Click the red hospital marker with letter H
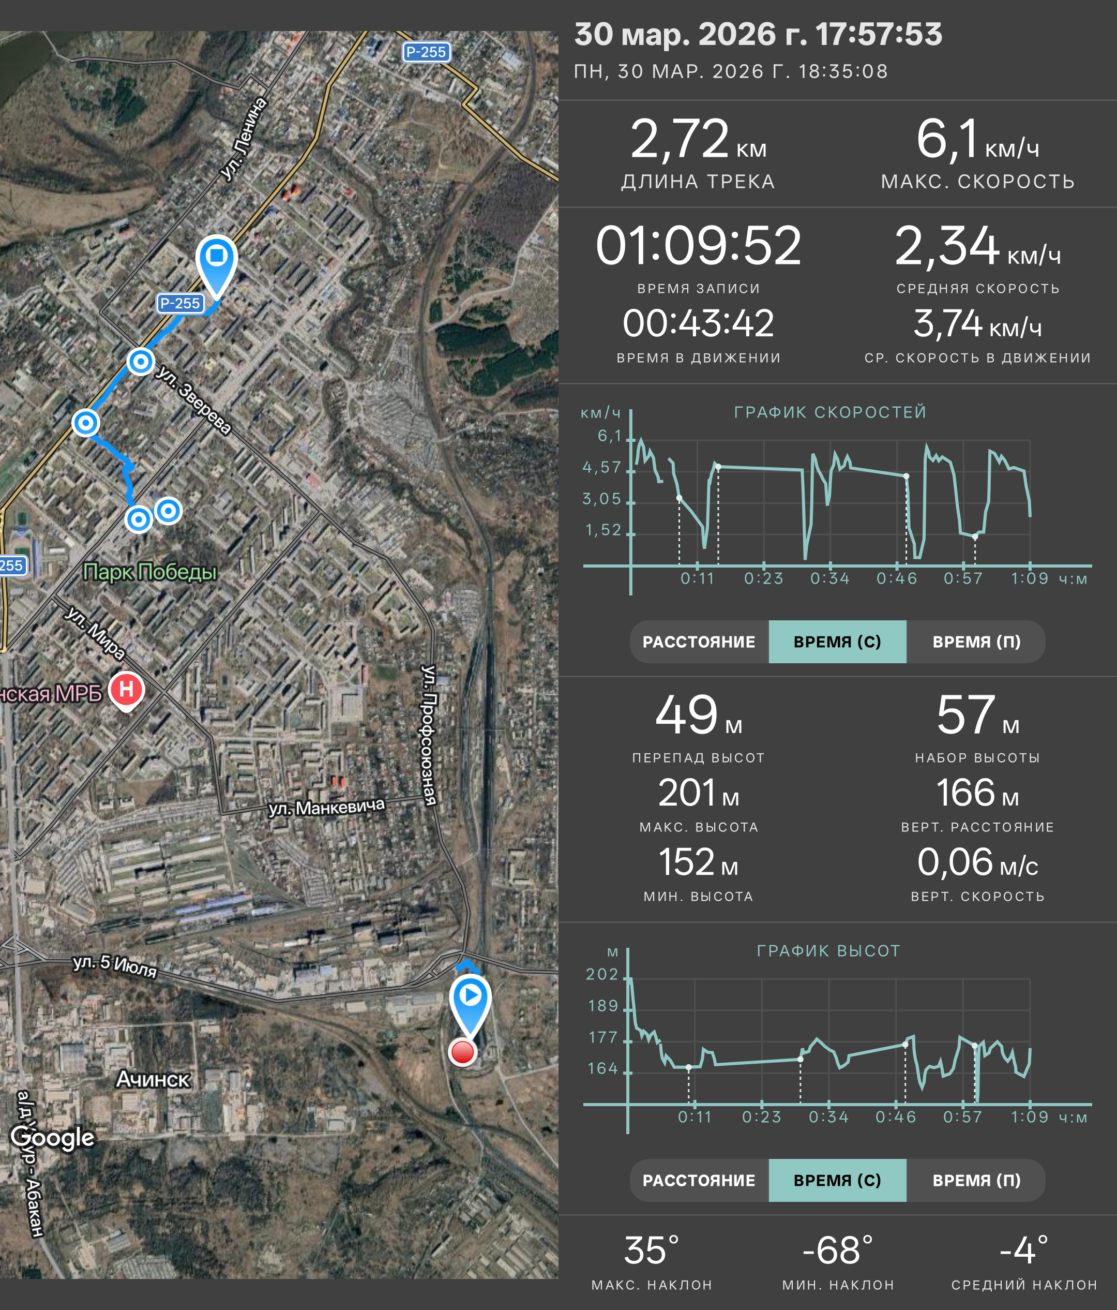[x=126, y=690]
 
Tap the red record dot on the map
[x=462, y=1052]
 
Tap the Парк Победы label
[x=150, y=572]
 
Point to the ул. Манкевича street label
[x=327, y=808]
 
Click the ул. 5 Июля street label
[x=115, y=965]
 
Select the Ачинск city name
[x=153, y=1079]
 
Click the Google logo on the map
[x=52, y=1137]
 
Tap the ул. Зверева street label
[x=193, y=399]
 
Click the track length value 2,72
[x=680, y=139]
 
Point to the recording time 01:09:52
[x=698, y=245]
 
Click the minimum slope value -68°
[x=838, y=1250]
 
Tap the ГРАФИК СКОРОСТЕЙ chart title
[x=830, y=412]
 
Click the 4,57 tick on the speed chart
[x=602, y=467]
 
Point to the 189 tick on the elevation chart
[x=603, y=1005]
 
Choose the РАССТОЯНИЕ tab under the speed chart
[x=699, y=642]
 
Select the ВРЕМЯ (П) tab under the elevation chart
[x=976, y=1180]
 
